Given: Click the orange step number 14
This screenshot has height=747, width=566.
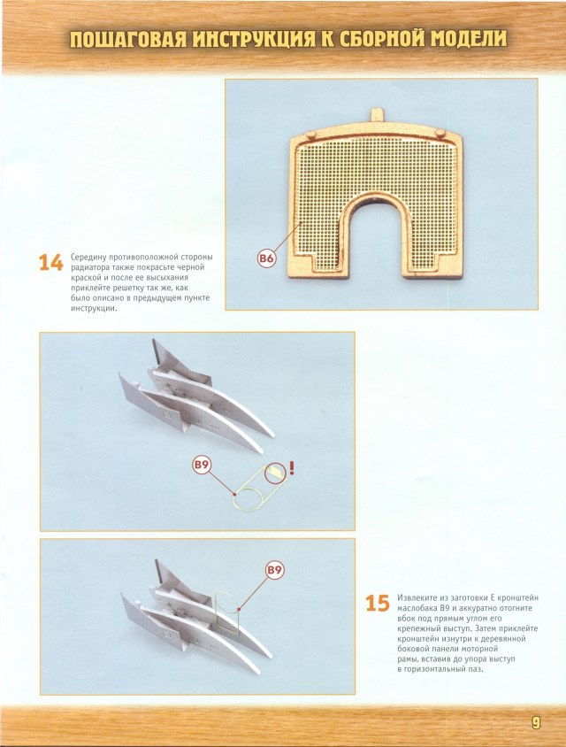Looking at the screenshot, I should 50,263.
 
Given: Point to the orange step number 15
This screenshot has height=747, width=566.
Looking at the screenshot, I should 377,605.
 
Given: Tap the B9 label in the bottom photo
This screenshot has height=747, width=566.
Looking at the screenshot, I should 274,570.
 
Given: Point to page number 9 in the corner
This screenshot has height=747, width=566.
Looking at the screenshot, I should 536,722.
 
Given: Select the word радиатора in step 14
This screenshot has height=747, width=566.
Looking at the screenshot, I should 93,266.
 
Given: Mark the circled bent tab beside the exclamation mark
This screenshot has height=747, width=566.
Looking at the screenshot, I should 277,474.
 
